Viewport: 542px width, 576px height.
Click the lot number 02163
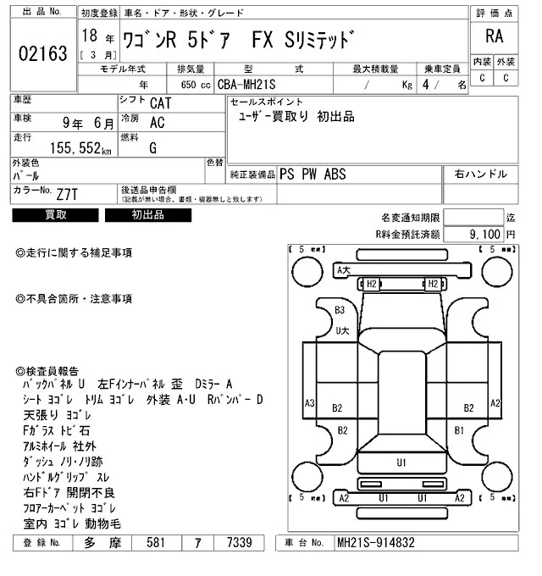click(x=41, y=54)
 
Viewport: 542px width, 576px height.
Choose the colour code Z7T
click(x=68, y=194)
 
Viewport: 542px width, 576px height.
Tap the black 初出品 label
click(x=147, y=215)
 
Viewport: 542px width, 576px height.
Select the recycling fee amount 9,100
click(x=487, y=233)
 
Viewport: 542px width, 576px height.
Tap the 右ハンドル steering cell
click(x=481, y=174)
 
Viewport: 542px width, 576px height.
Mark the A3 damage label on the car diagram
click(x=310, y=402)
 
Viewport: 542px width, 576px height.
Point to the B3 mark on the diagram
click(x=340, y=310)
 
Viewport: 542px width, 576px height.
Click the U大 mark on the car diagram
click(x=342, y=330)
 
